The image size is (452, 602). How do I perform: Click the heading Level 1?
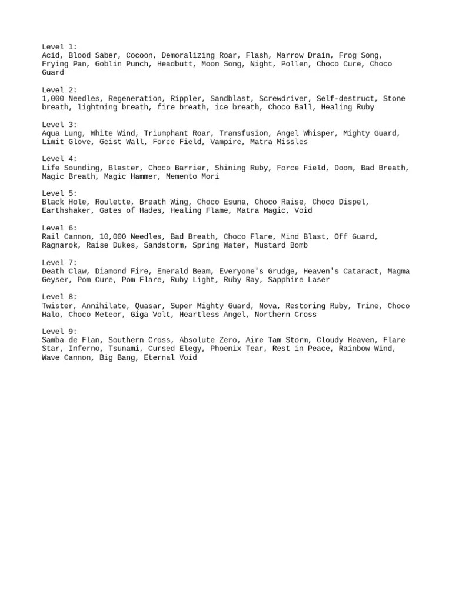point(59,46)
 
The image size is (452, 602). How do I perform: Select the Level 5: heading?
point(59,193)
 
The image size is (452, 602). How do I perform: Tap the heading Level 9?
point(59,332)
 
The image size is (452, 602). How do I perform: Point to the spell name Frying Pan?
point(64,64)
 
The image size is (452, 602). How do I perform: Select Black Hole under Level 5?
point(64,202)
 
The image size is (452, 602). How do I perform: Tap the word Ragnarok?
point(61,245)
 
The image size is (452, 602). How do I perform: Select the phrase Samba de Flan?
point(70,340)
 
